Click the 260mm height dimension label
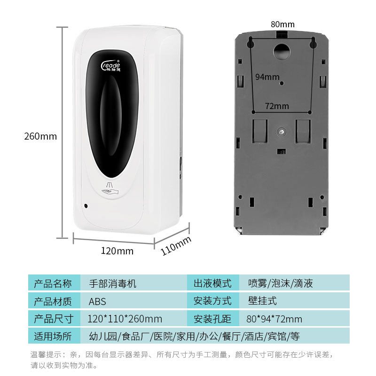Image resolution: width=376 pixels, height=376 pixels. (x=40, y=136)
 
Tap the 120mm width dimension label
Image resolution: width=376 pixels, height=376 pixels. (x=117, y=251)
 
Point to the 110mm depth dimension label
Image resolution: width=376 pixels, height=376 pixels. (x=176, y=245)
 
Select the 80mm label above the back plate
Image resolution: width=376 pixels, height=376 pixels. (x=282, y=24)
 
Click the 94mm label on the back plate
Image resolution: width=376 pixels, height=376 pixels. (x=267, y=77)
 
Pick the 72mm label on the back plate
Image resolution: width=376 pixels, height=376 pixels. (x=277, y=106)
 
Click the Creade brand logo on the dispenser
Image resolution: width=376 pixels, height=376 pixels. (x=111, y=66)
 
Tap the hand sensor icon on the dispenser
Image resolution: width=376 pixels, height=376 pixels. (x=110, y=188)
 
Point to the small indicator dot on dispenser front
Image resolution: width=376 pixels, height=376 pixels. (x=86, y=206)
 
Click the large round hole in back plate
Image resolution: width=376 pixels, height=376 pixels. (x=282, y=51)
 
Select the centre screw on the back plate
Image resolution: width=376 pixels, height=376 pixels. (x=281, y=132)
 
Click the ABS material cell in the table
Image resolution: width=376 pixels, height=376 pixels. (x=97, y=301)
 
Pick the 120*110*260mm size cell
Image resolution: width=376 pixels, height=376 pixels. (x=125, y=319)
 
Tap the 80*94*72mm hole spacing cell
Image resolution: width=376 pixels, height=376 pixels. (x=274, y=319)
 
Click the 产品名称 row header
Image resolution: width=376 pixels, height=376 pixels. (x=53, y=283)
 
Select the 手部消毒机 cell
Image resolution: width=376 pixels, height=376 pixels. (x=112, y=284)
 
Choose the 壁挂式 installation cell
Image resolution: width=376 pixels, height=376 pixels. (x=262, y=301)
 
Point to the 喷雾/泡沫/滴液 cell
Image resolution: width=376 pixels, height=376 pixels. (x=280, y=283)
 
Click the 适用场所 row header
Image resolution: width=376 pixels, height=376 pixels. (x=53, y=336)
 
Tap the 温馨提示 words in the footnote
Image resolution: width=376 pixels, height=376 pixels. (x=46, y=354)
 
